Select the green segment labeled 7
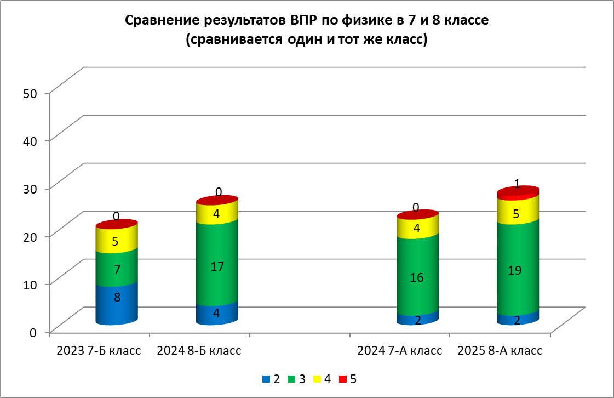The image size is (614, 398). (116, 269)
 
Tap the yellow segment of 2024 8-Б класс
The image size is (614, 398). (217, 214)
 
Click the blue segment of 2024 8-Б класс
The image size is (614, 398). (217, 314)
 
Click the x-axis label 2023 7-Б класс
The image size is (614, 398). (99, 351)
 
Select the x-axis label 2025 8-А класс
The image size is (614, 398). (500, 351)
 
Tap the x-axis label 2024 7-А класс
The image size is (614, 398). (399, 351)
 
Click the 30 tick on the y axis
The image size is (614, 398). (30, 188)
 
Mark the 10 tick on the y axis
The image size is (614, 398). (30, 284)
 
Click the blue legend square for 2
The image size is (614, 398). (266, 379)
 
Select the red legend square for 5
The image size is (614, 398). (343, 379)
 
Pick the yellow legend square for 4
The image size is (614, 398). (318, 379)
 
